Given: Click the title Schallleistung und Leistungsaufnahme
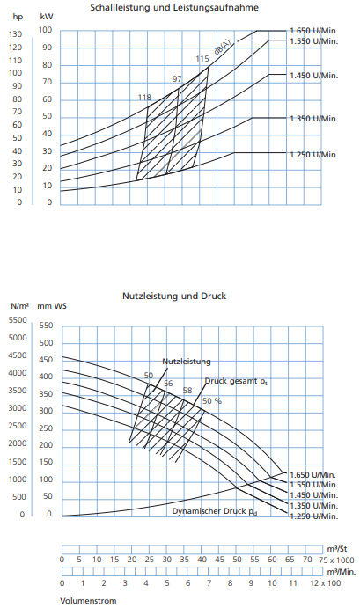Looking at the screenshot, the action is [x=174, y=7].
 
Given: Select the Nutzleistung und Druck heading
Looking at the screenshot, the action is [x=174, y=296].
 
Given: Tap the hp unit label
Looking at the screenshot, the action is [x=18, y=17].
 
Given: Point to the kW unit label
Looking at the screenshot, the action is [x=47, y=17].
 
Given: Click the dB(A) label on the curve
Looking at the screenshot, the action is [x=222, y=48].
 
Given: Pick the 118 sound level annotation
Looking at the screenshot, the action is [x=144, y=98].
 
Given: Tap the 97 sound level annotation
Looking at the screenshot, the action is [x=177, y=79].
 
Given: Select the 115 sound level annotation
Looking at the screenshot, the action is [x=202, y=59].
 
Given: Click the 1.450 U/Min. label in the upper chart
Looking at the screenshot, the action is [x=314, y=76].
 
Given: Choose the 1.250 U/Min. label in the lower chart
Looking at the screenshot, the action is [x=314, y=516].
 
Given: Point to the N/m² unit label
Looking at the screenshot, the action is [x=19, y=305].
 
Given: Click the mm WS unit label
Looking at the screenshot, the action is [x=52, y=306].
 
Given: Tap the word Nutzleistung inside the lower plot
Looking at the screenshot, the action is [x=187, y=362].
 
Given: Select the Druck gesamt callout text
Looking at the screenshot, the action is [x=236, y=381].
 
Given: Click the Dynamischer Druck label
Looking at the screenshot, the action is [x=215, y=511].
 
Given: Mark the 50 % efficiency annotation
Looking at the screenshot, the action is [x=212, y=401].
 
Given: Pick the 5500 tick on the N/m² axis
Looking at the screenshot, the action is [x=18, y=320].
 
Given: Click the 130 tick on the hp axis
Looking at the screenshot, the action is [x=15, y=34].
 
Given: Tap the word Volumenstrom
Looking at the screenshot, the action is [x=88, y=601].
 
